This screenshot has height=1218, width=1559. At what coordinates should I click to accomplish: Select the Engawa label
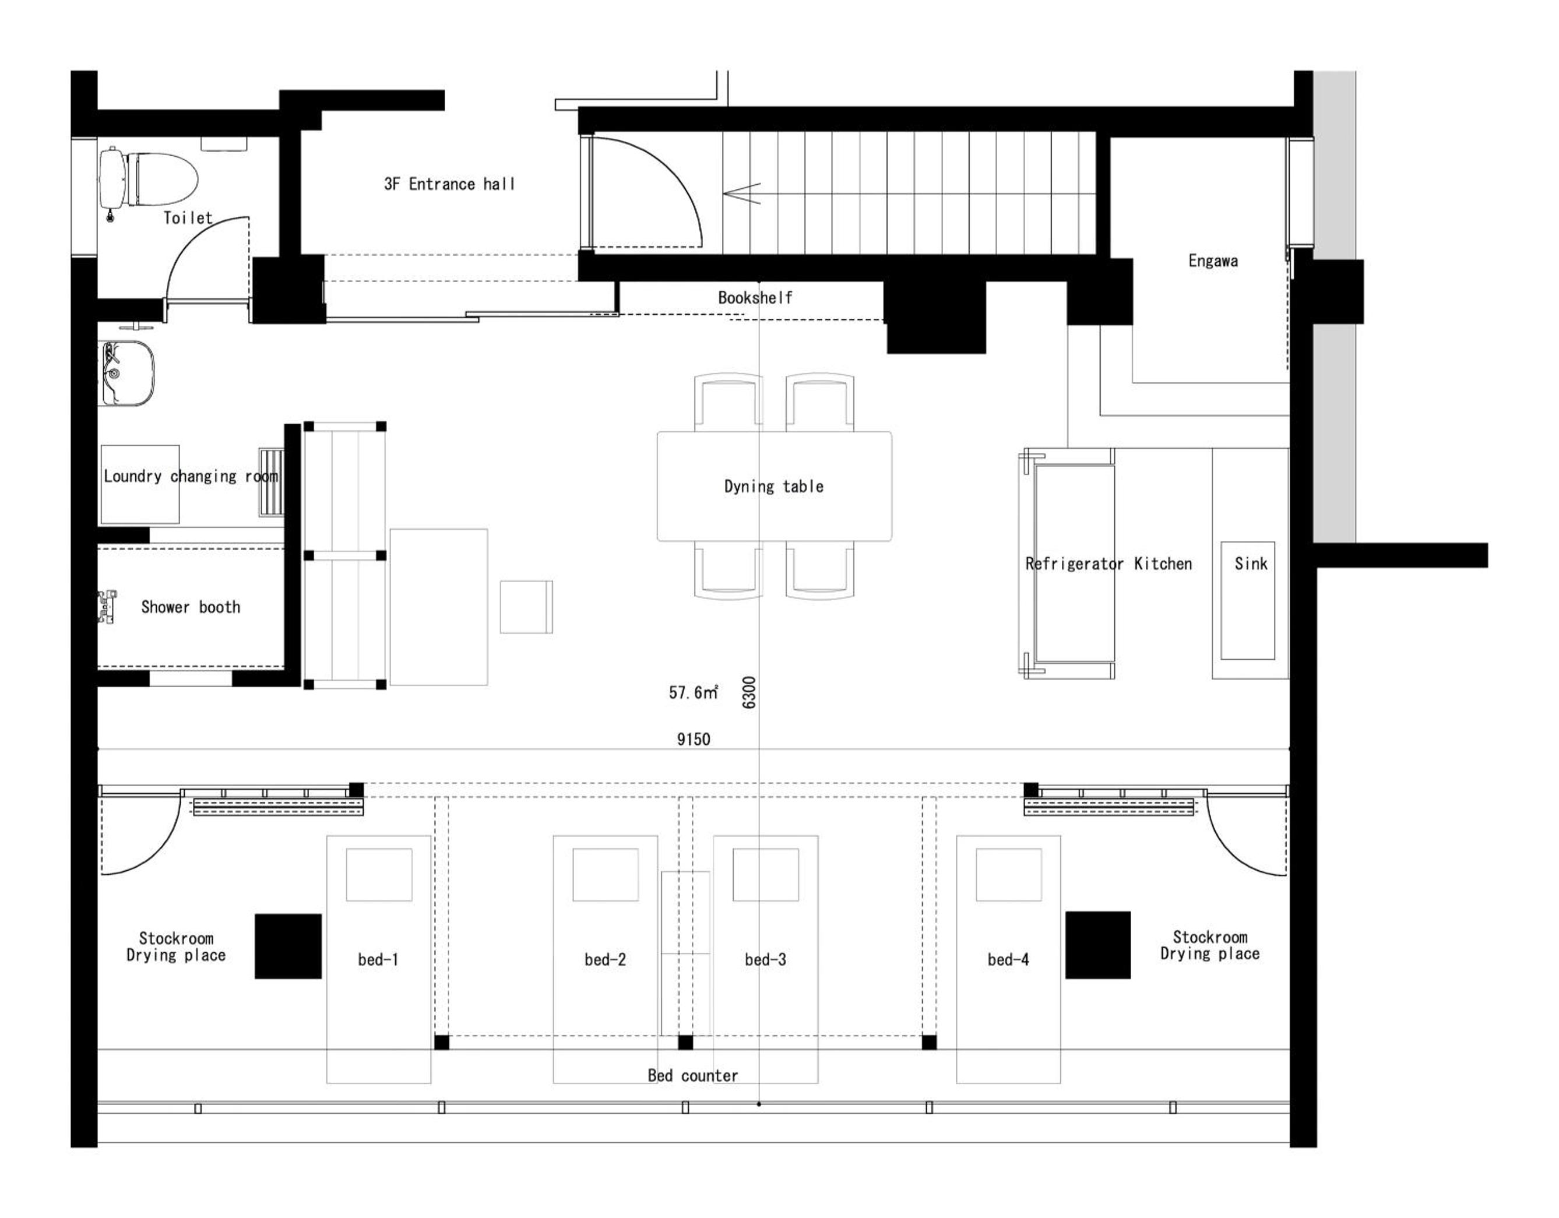coord(1213,261)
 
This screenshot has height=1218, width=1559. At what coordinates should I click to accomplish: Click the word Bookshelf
coord(755,298)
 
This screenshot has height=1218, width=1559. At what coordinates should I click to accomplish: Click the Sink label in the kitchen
coord(1251,564)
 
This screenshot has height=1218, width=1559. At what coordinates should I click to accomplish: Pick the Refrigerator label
coord(1074,564)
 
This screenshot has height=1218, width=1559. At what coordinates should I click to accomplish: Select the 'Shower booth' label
coord(191,607)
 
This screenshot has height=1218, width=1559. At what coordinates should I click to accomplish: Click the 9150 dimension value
coord(693,739)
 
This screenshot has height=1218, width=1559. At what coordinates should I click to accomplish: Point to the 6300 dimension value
coord(749,692)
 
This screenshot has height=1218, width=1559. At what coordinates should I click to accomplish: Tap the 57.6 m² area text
coord(693,692)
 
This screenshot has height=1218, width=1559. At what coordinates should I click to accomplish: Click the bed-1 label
coord(378,960)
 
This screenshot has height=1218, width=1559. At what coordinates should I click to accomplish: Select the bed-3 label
coord(765,960)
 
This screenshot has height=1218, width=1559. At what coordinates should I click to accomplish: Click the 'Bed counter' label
coord(692,1075)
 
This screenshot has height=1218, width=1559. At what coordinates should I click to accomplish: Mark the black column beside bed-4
coord(1098,945)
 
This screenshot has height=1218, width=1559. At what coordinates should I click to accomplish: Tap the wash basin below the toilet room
coord(127,372)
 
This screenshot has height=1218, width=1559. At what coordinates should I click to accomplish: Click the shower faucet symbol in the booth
coord(108,607)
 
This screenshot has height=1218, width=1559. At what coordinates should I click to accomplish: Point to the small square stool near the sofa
coord(526,607)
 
